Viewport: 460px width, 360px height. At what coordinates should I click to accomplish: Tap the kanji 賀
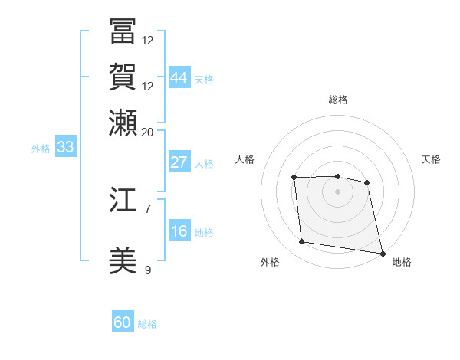click(123, 77)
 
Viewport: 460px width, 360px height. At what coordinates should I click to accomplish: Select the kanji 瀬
click(123, 123)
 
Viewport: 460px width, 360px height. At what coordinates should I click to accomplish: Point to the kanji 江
click(123, 200)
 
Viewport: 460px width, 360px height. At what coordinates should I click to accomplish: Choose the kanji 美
click(123, 261)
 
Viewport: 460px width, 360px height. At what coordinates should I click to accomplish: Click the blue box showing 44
click(179, 77)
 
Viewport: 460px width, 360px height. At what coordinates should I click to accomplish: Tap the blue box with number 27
click(179, 162)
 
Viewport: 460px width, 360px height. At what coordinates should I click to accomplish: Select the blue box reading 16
click(179, 231)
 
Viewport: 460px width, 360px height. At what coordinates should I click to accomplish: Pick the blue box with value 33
click(65, 147)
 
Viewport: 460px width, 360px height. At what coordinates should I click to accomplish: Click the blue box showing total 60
click(123, 322)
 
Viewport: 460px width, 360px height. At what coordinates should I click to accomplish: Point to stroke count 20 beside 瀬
click(148, 132)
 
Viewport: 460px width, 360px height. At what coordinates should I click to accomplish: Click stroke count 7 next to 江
click(148, 208)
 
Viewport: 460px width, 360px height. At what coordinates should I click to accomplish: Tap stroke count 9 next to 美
click(148, 270)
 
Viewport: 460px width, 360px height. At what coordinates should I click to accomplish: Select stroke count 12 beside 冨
click(148, 40)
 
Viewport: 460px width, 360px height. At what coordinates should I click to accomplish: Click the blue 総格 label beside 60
click(147, 324)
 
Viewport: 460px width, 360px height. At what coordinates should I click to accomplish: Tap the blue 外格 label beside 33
click(40, 149)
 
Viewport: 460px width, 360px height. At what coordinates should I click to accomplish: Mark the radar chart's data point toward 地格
click(381, 252)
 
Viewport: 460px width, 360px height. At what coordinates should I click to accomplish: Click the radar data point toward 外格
click(302, 242)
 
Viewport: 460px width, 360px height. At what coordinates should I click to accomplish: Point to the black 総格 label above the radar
click(337, 100)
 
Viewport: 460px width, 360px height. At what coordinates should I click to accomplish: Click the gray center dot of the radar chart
click(337, 191)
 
